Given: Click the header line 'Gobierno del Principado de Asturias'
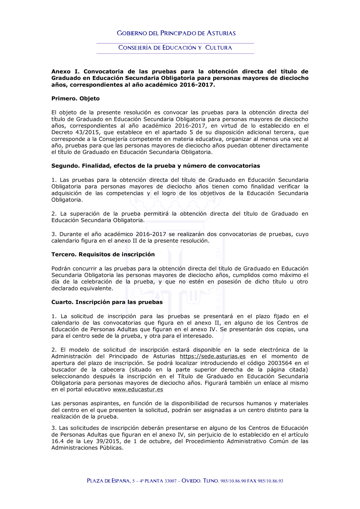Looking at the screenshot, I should (176, 33).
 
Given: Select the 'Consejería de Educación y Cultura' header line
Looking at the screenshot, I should (175, 48).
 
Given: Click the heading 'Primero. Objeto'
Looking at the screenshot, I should (75, 99).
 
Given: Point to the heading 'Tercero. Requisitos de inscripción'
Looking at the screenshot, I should (103, 254).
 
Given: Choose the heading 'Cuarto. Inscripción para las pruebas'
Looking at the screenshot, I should (107, 302).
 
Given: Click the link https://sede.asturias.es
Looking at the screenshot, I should (213, 356).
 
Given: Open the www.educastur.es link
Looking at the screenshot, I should (138, 389).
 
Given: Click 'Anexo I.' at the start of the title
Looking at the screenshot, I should (66, 72).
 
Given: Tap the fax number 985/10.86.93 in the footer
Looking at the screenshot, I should (270, 481).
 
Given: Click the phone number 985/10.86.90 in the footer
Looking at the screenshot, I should (233, 481).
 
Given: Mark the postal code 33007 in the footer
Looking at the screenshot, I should (170, 481).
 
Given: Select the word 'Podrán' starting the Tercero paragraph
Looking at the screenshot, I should (61, 269).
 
